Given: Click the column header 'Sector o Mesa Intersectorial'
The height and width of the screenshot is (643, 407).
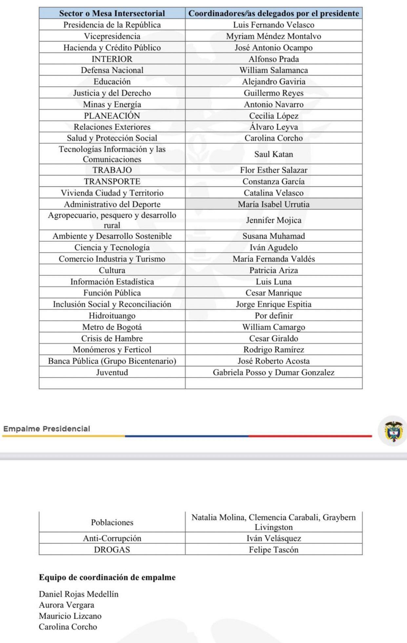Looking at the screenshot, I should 112,13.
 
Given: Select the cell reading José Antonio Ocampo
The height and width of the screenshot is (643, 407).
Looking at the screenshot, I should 274,48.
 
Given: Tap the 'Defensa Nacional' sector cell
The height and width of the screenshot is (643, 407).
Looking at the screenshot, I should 112,70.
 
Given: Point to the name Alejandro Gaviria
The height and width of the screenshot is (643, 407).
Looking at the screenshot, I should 274,82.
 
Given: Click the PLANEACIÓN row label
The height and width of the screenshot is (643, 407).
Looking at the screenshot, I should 112,116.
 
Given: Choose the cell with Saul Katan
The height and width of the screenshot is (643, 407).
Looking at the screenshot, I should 274,154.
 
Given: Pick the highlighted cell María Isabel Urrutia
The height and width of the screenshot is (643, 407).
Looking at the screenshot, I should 274,204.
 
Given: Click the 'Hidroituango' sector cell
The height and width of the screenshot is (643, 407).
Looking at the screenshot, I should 112,316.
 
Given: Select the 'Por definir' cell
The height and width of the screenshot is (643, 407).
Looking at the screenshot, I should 274,316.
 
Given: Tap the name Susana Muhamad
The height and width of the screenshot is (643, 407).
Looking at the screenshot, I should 274,236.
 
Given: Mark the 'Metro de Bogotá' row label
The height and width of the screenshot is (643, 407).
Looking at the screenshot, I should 112,327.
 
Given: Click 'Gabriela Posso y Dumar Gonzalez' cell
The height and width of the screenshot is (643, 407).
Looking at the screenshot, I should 274,372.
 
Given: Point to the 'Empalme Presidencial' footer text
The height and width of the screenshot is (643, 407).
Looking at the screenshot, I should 47,429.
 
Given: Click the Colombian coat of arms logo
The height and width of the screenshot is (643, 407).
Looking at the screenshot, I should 394,431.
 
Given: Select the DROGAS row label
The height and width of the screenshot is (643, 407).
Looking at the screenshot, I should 112,550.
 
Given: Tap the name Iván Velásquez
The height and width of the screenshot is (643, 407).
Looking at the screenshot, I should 274,538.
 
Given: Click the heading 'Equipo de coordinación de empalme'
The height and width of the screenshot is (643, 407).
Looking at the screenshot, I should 107,577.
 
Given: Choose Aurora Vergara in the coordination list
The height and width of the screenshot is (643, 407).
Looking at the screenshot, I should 66,605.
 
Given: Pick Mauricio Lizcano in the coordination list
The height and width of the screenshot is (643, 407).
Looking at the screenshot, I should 70,616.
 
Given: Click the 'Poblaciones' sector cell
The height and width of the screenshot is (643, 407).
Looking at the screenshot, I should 112,522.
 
